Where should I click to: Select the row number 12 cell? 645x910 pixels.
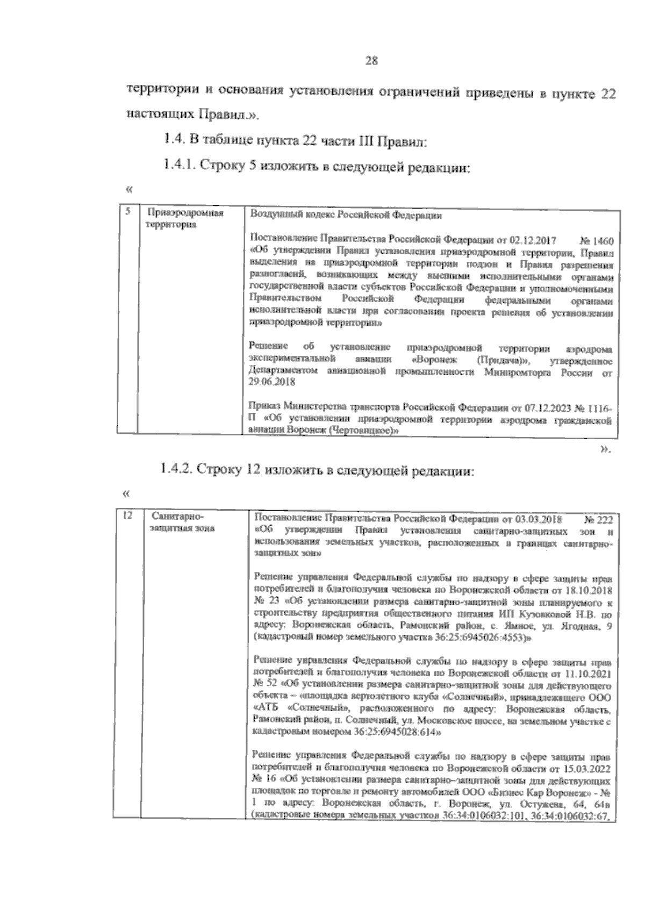coord(127,517)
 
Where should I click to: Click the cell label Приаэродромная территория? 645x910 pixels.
coord(185,218)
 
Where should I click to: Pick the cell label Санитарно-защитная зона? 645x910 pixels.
coord(183,522)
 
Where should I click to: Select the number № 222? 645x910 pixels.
coord(598,520)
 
